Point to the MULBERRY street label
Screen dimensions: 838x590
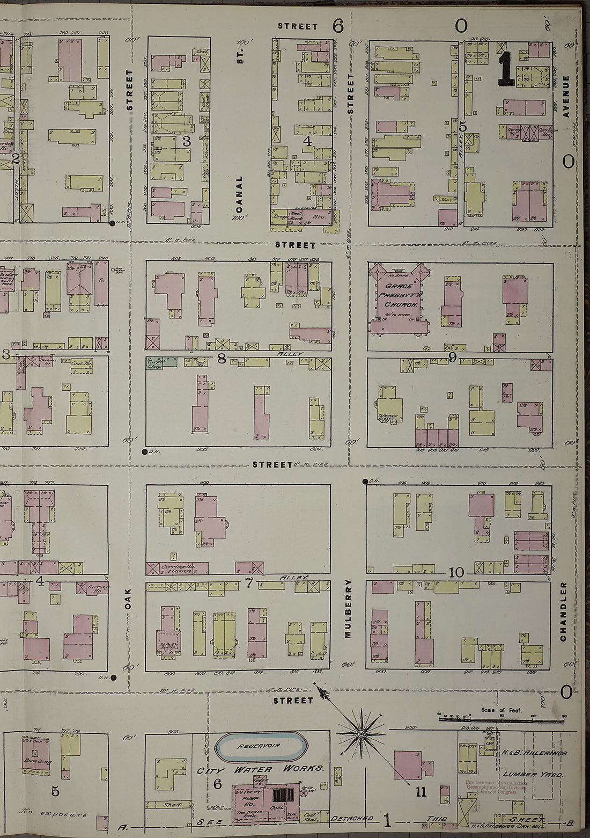(348, 608)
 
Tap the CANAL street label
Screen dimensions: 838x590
(239, 194)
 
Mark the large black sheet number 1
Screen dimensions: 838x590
(506, 69)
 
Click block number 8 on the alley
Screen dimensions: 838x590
(221, 358)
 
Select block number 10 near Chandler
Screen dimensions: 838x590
(456, 572)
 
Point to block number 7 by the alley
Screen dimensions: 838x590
(249, 584)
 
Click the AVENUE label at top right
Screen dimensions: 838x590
(565, 97)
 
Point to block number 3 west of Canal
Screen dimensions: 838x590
(186, 142)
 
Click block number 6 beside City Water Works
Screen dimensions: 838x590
(217, 784)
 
